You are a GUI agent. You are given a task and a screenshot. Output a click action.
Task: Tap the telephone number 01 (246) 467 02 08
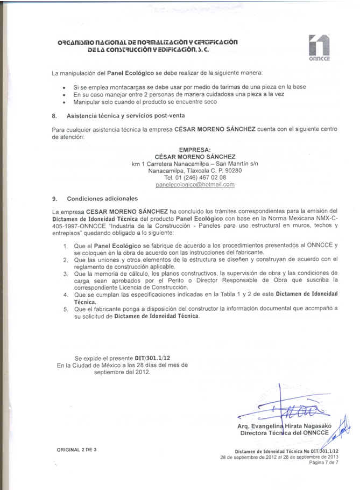click(x=195, y=177)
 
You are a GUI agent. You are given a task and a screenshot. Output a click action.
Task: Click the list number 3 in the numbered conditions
click(x=66, y=274)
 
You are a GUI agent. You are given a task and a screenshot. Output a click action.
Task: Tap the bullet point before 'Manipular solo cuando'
click(x=65, y=102)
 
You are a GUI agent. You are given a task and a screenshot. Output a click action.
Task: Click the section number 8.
click(x=54, y=116)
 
